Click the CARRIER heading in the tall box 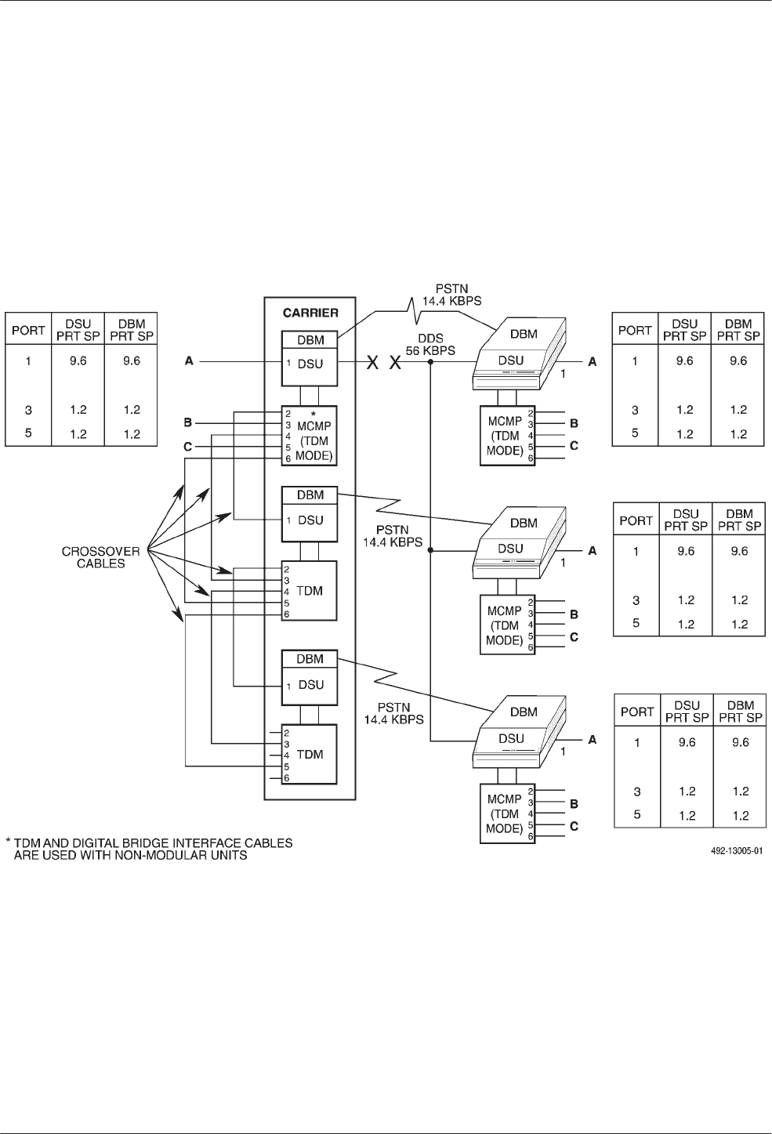tap(310, 313)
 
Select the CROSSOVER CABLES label tap(100, 557)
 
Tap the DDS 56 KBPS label tap(430, 346)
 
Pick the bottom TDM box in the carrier tap(310, 754)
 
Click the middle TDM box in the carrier tap(310, 590)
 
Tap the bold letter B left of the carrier tap(187, 423)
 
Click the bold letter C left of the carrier tap(187, 447)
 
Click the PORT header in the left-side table tap(28, 330)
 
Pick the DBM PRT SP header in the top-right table tap(738, 330)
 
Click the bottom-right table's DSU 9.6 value tap(687, 742)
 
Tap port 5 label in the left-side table tap(28, 433)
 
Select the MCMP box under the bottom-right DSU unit tap(504, 813)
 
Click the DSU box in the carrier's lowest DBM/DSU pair tap(310, 684)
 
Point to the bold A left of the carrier tap(188, 362)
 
